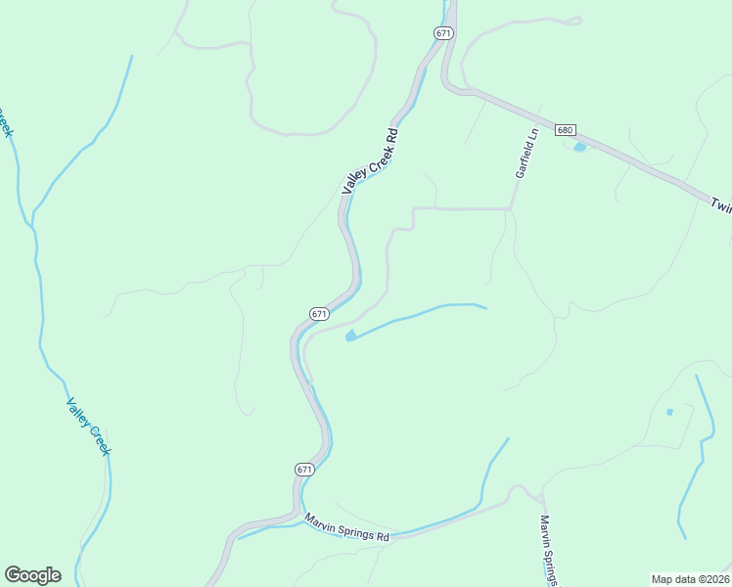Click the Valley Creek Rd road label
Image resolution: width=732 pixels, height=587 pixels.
(370, 161)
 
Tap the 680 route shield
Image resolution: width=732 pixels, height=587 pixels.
(565, 130)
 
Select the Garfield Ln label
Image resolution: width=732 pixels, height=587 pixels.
(527, 153)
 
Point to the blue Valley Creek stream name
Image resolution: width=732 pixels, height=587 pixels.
(88, 426)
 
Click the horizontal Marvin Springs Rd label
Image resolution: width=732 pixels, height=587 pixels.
(346, 528)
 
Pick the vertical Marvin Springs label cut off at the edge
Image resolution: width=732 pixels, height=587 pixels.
(548, 551)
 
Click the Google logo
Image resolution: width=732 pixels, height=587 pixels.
(32, 575)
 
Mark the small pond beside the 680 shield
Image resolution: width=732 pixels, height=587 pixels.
(580, 147)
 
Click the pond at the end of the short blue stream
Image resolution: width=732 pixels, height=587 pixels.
(350, 337)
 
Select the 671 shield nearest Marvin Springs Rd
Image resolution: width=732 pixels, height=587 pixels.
(304, 470)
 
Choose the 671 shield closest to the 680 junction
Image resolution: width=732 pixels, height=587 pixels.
(443, 33)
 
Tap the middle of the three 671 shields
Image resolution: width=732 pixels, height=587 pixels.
(319, 313)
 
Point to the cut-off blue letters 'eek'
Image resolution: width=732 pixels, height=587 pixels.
(6, 125)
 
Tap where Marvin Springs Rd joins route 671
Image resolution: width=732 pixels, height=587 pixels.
(294, 513)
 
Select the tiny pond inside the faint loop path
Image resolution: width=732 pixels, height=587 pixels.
(669, 412)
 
